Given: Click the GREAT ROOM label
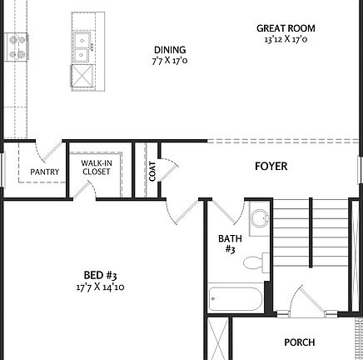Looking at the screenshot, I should pyautogui.click(x=286, y=28).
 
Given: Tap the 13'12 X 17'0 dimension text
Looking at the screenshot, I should pyautogui.click(x=286, y=39).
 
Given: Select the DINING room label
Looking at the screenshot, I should pyautogui.click(x=169, y=50).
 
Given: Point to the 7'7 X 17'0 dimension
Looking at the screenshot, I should pyautogui.click(x=169, y=61).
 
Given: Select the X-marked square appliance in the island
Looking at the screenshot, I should pyautogui.click(x=84, y=77).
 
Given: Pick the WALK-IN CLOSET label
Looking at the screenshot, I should pyautogui.click(x=96, y=167).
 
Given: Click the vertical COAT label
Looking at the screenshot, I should pyautogui.click(x=152, y=172).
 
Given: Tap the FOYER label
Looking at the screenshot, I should pyautogui.click(x=271, y=167).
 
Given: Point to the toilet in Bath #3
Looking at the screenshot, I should pyautogui.click(x=254, y=264).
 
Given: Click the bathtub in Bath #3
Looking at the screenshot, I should pyautogui.click(x=235, y=297).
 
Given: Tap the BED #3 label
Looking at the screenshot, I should pyautogui.click(x=99, y=276).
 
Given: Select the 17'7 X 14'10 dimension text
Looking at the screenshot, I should pyautogui.click(x=99, y=287).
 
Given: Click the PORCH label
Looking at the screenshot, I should pyautogui.click(x=299, y=342).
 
